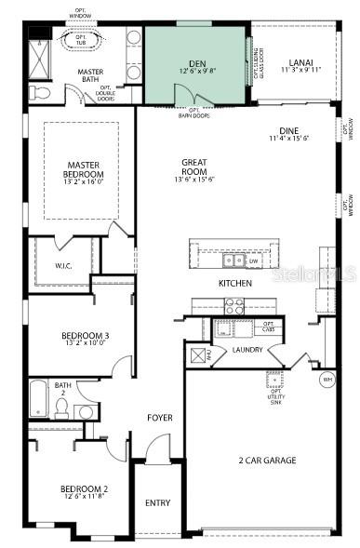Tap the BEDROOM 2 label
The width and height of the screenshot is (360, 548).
[84, 488]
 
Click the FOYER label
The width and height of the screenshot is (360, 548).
[160, 418]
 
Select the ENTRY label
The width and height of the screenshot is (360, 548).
[158, 502]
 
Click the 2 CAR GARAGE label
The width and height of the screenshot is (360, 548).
[266, 460]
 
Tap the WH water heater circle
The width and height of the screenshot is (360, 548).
[327, 380]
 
